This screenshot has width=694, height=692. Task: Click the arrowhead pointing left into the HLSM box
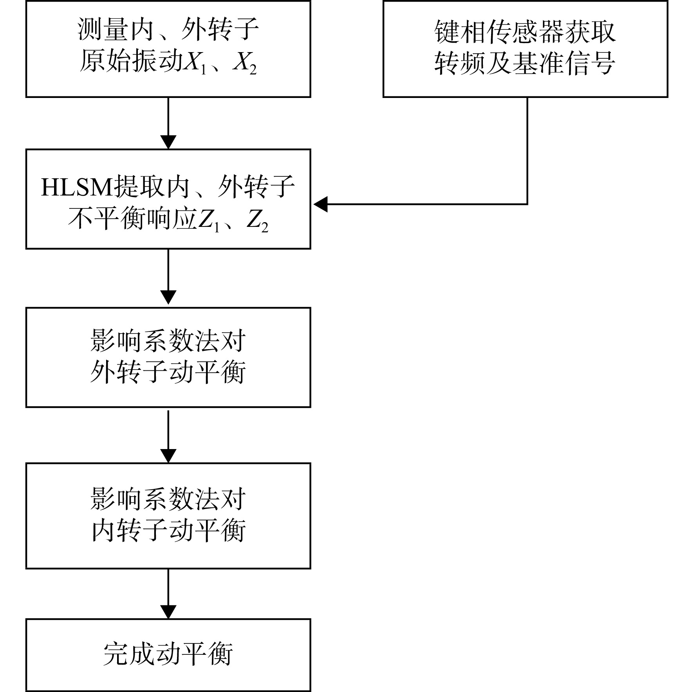[x=320, y=204]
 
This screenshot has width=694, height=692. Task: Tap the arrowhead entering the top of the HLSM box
[x=168, y=142]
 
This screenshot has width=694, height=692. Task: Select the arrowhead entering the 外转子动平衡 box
[x=168, y=297]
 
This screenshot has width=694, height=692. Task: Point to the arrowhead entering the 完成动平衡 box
[x=168, y=612]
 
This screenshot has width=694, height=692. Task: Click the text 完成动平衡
[x=168, y=654]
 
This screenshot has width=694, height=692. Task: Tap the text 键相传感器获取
[x=525, y=31]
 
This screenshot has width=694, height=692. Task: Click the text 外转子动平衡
[x=168, y=371]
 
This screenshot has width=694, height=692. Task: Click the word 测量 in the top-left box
[x=103, y=29]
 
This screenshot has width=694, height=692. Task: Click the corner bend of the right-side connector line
[x=527, y=204]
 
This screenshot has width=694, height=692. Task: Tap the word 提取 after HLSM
[x=139, y=187]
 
